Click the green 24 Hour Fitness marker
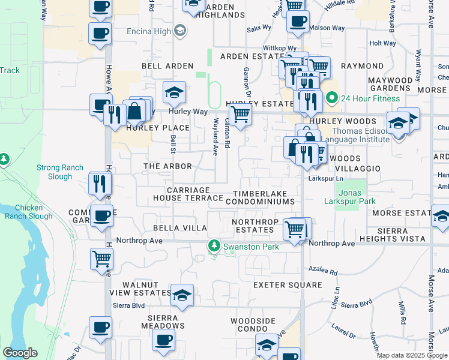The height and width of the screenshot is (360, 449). pyautogui.click(x=331, y=97)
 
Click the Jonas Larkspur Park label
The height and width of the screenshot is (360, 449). pyautogui.click(x=350, y=197)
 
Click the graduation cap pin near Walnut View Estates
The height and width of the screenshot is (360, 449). pyautogui.click(x=182, y=295)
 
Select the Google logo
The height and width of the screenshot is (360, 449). pyautogui.click(x=20, y=353)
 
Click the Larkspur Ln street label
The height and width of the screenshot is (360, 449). pyautogui.click(x=325, y=179)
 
